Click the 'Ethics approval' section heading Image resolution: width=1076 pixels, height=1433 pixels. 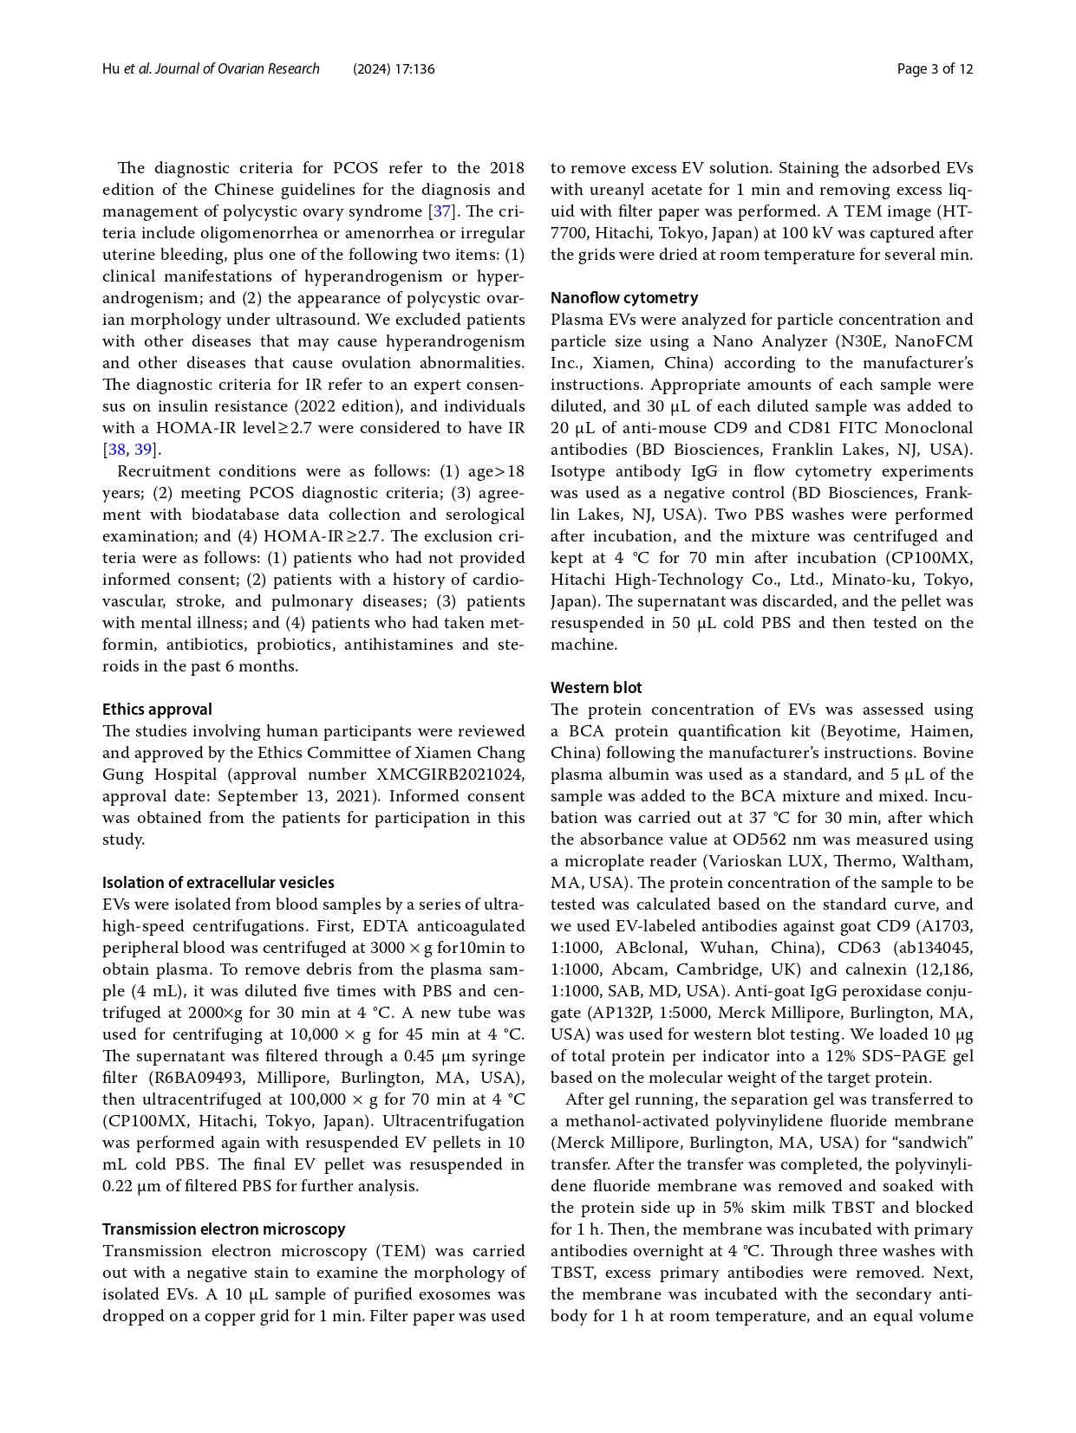(x=157, y=710)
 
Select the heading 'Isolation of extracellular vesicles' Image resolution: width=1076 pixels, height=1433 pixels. (x=218, y=883)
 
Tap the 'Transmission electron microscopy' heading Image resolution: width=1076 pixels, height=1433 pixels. (x=224, y=1229)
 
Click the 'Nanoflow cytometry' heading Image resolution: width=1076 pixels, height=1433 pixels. (x=623, y=298)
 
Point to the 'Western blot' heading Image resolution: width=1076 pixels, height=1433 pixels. (x=596, y=688)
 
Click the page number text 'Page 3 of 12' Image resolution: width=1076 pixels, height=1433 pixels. (x=935, y=69)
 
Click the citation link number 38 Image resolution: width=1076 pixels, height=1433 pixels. (x=116, y=450)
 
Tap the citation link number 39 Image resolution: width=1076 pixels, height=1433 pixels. (x=143, y=450)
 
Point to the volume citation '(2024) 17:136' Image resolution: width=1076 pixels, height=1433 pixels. (x=394, y=69)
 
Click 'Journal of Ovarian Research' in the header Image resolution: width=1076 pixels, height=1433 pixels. (x=237, y=69)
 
